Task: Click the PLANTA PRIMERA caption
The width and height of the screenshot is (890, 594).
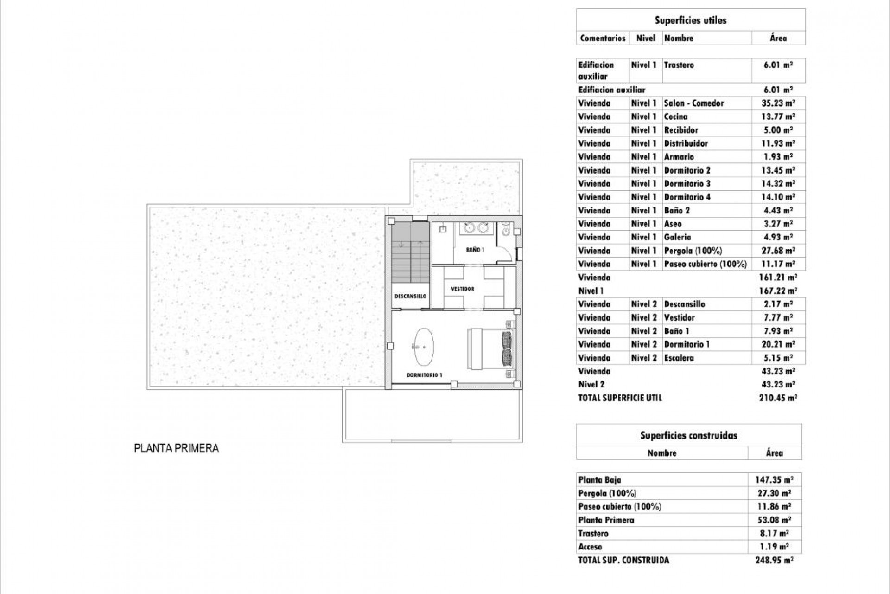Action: tap(176, 448)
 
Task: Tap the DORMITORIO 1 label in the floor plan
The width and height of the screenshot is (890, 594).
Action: tap(424, 375)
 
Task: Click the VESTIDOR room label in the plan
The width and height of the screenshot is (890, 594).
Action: tap(462, 289)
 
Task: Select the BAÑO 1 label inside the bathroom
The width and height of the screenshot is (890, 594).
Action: tap(475, 250)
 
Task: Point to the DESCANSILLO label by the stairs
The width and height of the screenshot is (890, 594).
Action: tap(410, 296)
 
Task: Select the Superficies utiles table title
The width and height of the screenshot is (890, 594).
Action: tap(690, 20)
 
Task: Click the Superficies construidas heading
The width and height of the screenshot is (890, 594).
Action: tap(688, 435)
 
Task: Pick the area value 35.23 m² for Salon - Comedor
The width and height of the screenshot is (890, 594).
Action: tap(778, 103)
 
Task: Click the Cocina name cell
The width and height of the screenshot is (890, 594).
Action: tap(676, 116)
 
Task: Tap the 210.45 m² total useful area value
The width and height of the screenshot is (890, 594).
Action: tap(778, 398)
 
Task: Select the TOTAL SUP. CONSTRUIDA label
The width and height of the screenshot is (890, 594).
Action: tap(623, 560)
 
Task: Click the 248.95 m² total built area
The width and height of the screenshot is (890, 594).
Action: tap(774, 560)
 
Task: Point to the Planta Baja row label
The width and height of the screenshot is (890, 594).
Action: tap(599, 480)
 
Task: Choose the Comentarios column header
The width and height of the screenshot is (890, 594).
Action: tap(603, 38)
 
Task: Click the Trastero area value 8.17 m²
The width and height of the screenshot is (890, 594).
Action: tap(774, 534)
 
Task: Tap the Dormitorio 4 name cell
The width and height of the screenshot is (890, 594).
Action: tap(687, 197)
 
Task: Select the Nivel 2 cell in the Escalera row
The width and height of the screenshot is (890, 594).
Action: tap(644, 358)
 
